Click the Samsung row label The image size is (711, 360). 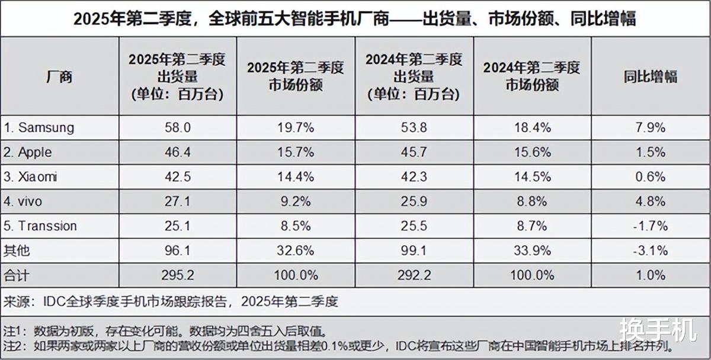[x=39, y=127]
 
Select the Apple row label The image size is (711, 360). [x=28, y=152]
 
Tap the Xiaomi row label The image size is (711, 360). [x=30, y=177]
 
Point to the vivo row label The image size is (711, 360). [x=23, y=201]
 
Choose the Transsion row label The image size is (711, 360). [x=40, y=226]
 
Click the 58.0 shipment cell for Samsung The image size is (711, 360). [x=177, y=127]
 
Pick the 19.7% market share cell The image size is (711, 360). [x=295, y=127]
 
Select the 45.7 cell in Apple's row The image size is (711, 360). [x=414, y=152]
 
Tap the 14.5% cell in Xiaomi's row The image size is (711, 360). [x=531, y=177]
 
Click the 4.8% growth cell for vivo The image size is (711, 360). [x=651, y=201]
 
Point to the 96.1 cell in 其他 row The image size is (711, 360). [x=177, y=250]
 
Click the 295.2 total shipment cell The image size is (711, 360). [x=177, y=275]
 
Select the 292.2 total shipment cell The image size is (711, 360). [x=414, y=275]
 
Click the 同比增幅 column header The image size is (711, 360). [x=651, y=76]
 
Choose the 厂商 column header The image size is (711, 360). [x=59, y=76]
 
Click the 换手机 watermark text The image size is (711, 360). [x=658, y=329]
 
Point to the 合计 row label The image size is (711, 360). [x=16, y=275]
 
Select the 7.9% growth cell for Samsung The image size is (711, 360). [x=651, y=127]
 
